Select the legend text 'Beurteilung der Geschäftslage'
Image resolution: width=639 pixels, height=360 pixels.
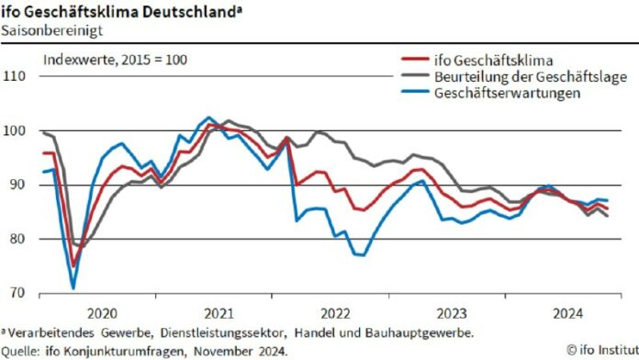530,78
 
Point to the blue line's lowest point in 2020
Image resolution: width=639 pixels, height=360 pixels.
73,287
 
